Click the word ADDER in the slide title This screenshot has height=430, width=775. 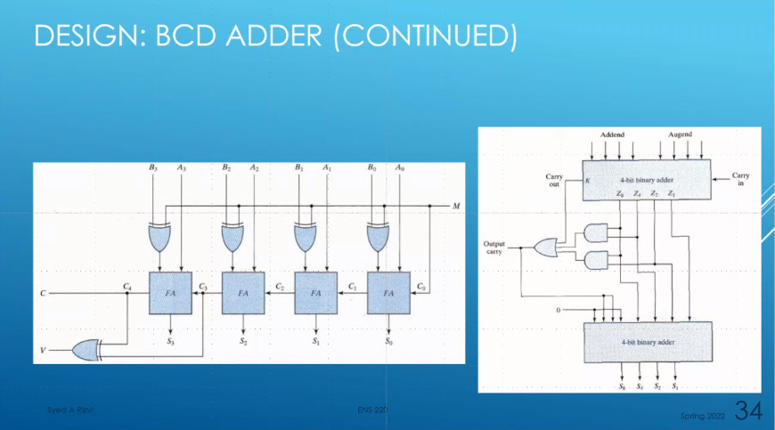pyautogui.click(x=264, y=37)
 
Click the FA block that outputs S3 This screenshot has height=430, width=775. pyautogui.click(x=169, y=292)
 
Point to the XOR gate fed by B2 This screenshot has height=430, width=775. pyautogui.click(x=233, y=238)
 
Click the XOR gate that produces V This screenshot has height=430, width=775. pyautogui.click(x=86, y=352)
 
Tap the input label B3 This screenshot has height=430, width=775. pyautogui.click(x=152, y=167)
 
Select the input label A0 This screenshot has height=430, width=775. pyautogui.click(x=400, y=167)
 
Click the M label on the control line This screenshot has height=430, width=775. pyautogui.click(x=456, y=207)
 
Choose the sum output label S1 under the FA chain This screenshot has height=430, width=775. pyautogui.click(x=315, y=341)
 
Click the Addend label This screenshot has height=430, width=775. pyautogui.click(x=612, y=134)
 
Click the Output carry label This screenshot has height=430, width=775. pyautogui.click(x=494, y=247)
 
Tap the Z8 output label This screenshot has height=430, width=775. pyautogui.click(x=620, y=194)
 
